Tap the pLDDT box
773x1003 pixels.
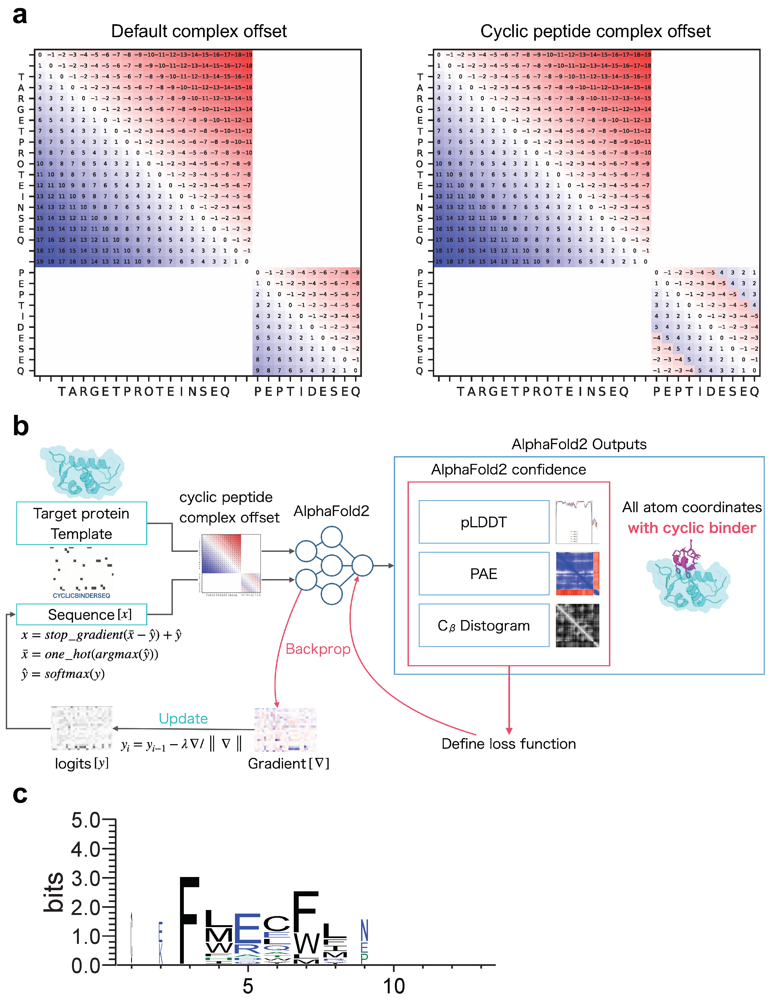pos(484,522)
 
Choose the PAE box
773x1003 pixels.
pos(484,574)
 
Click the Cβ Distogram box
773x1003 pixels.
pos(484,626)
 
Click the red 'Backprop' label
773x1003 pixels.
pos(318,649)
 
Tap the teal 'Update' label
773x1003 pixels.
pos(183,718)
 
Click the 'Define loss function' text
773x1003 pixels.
pos(508,744)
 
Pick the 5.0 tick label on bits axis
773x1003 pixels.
pos(85,820)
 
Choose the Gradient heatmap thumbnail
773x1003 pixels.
pos(285,729)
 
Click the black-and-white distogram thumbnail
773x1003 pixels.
pos(577,626)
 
